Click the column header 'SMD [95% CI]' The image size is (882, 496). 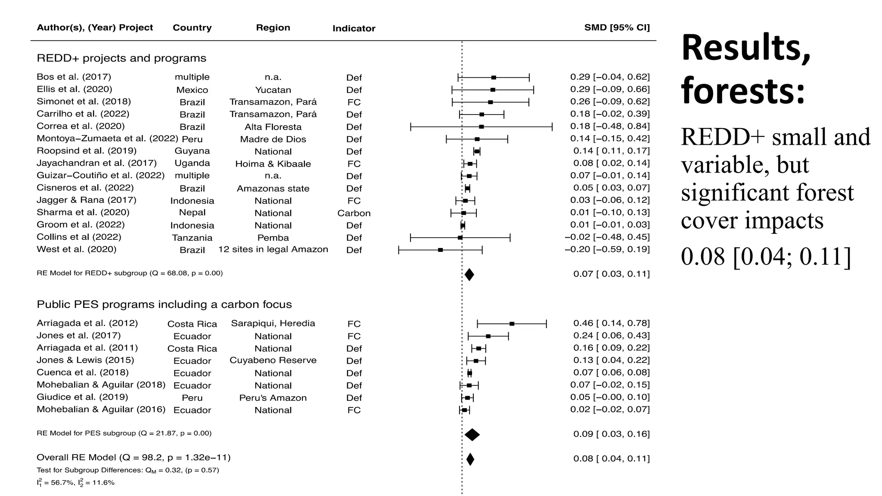pyautogui.click(x=617, y=28)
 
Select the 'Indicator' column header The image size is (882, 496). pyautogui.click(x=354, y=28)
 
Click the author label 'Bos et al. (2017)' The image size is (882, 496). pyautogui.click(x=74, y=77)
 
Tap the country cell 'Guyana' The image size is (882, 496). pyautogui.click(x=192, y=151)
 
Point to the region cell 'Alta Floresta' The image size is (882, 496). pyautogui.click(x=273, y=127)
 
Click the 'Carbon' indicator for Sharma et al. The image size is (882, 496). pyautogui.click(x=354, y=213)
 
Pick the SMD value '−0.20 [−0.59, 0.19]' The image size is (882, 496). pyautogui.click(x=607, y=249)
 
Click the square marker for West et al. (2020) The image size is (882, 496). pyautogui.click(x=440, y=250)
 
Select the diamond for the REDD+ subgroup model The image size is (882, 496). pyautogui.click(x=469, y=275)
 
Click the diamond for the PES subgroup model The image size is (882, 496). pyautogui.click(x=472, y=435)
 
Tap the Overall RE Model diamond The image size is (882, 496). pyautogui.click(x=470, y=459)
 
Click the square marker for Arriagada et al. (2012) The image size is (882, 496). pyautogui.click(x=512, y=324)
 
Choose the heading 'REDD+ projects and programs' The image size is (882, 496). pyautogui.click(x=121, y=58)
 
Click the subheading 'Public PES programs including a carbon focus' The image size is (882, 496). pyautogui.click(x=164, y=304)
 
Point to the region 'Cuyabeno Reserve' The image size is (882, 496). pyautogui.click(x=273, y=360)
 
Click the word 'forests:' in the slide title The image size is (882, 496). pyautogui.click(x=743, y=91)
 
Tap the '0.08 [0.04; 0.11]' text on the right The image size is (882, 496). pyautogui.click(x=766, y=257)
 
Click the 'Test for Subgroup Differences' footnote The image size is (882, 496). pyautogui.click(x=127, y=470)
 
